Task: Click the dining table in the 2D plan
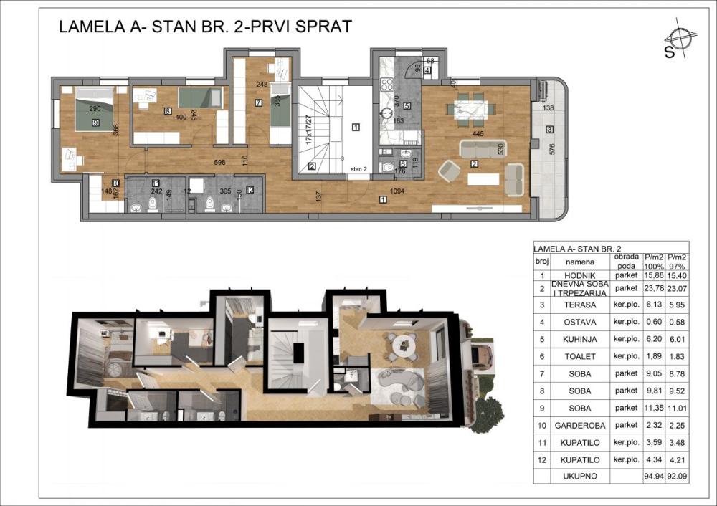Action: coord(472,109)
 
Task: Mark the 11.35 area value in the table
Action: coord(652,408)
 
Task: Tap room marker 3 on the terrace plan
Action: coord(549,130)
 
